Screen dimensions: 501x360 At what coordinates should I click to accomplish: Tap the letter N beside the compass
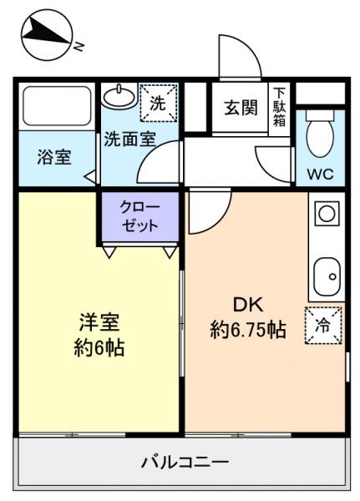78,47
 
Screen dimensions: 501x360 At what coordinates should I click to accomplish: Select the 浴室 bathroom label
54,156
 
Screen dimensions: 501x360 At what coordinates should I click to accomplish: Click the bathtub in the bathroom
56,106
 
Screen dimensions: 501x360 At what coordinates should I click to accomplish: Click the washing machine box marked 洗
158,104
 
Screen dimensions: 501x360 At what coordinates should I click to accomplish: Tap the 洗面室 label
129,139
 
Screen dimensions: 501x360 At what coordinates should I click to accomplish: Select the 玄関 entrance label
240,108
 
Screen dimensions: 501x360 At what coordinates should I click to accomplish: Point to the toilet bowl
319,136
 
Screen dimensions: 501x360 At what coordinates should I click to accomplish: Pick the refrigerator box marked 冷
322,326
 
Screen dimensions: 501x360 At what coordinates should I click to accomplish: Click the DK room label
247,305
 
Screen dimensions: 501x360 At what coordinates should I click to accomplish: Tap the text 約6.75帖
247,331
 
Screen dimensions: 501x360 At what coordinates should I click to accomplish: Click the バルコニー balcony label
184,461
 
